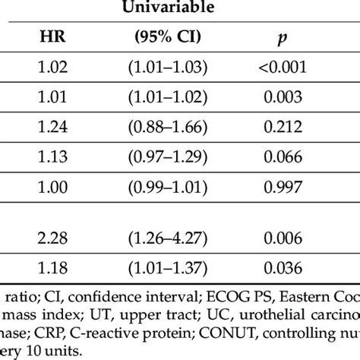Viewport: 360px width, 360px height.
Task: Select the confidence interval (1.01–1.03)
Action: click(178, 67)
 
